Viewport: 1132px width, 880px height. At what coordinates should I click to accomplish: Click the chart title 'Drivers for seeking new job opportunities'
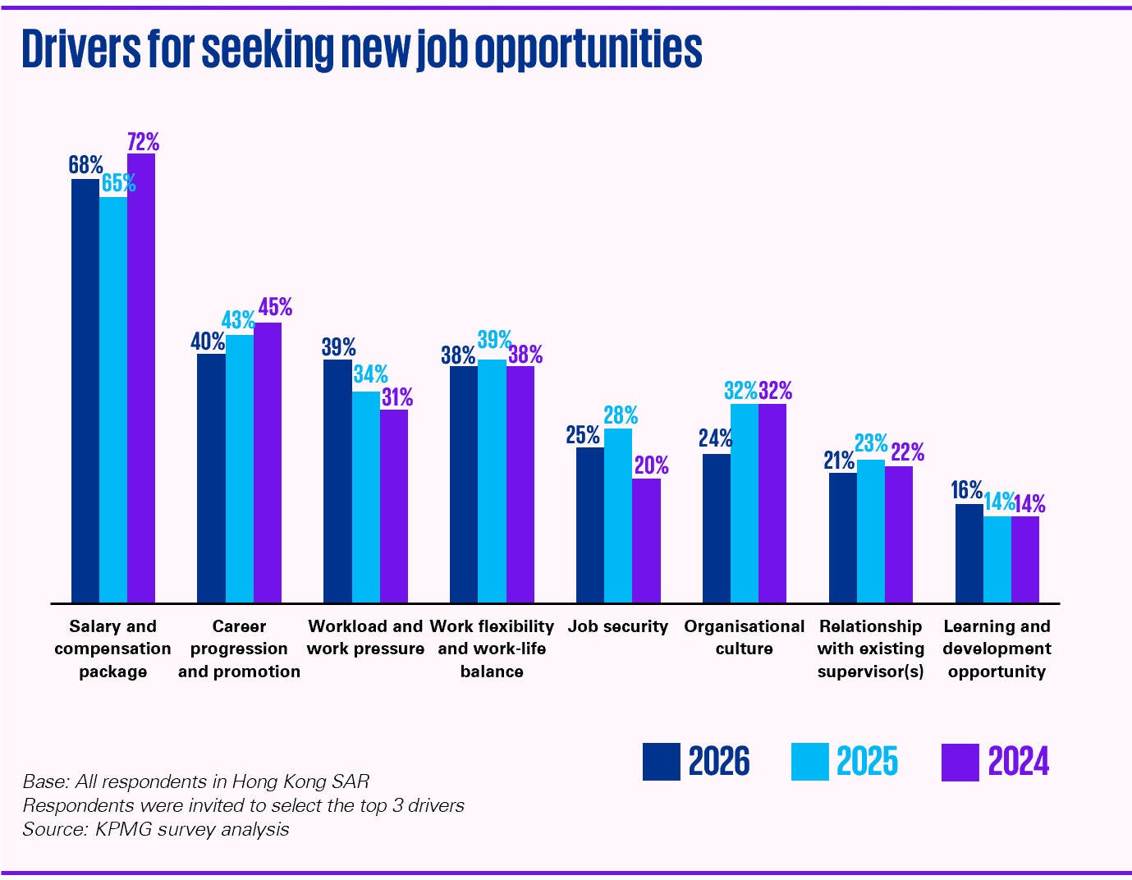click(x=361, y=49)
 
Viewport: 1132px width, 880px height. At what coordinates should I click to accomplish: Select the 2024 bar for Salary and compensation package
click(x=141, y=378)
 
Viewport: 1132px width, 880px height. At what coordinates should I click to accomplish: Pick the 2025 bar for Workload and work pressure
click(x=366, y=497)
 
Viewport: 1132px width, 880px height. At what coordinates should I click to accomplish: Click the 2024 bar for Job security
click(x=646, y=540)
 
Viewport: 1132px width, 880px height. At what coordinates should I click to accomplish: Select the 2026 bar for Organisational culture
click(x=717, y=528)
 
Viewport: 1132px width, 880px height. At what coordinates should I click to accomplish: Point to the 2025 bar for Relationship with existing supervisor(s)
click(x=871, y=531)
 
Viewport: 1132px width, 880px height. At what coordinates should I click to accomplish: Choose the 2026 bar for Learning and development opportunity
click(x=969, y=552)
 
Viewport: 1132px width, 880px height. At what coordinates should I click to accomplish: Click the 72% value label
click(x=143, y=142)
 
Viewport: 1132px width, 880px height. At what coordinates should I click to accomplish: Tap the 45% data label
click(x=275, y=308)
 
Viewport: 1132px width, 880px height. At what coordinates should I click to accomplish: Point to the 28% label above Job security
click(x=621, y=415)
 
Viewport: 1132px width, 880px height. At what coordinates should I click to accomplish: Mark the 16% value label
click(x=966, y=490)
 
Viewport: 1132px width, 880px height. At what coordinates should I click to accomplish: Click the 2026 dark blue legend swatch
click(x=661, y=762)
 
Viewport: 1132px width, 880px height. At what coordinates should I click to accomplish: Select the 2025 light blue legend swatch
click(x=809, y=762)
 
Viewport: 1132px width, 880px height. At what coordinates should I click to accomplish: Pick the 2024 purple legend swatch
click(x=960, y=762)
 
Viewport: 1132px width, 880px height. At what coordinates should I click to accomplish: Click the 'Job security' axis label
click(x=618, y=626)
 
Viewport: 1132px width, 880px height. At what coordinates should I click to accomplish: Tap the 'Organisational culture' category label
click(x=744, y=637)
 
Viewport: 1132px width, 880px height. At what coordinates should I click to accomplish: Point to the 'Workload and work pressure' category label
click(x=365, y=637)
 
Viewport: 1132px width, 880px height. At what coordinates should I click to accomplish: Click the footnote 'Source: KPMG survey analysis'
click(x=156, y=829)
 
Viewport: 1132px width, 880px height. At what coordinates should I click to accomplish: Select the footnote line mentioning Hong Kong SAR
click(x=195, y=781)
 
